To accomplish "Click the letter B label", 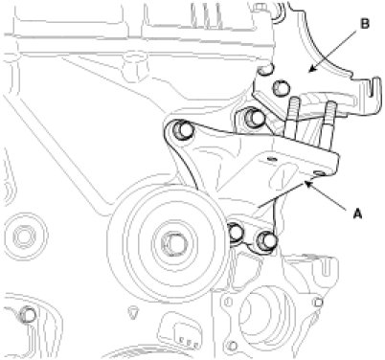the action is pos(365,24).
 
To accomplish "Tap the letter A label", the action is pos(358,214).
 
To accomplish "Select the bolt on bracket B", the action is pos(281,88).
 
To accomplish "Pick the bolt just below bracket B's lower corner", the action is pos(255,118).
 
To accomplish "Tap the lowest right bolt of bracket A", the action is pos(266,240).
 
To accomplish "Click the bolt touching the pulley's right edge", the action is pos(237,233).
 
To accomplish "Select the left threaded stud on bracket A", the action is pos(293,118).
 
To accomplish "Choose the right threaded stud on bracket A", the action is pos(329,124).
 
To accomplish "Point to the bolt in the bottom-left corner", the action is pos(27,315).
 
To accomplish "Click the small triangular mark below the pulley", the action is pos(132,312).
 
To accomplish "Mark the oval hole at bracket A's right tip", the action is pos(319,172).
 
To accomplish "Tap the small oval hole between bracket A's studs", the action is pos(271,158).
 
